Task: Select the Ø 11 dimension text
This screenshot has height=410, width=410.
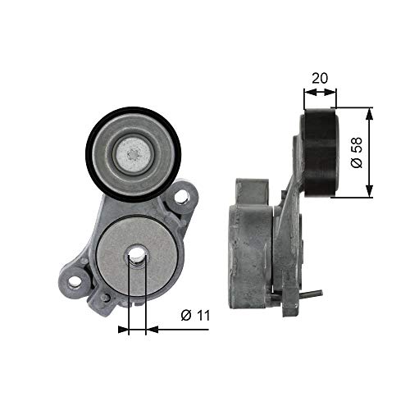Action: (192, 315)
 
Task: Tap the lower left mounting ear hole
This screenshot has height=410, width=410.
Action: (75, 281)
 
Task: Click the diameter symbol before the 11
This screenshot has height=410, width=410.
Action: (184, 315)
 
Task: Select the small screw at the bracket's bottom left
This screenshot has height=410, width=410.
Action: (104, 297)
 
